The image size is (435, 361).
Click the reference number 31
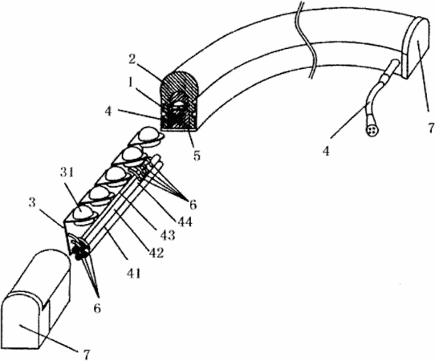coord(67,172)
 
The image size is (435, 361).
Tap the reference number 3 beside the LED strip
coord(32,203)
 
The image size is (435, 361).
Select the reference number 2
coord(132,59)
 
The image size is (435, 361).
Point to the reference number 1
coord(130,83)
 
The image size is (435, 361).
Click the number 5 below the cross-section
coord(197,156)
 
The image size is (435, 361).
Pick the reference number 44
coord(185,221)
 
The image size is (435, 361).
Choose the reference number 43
coord(169,235)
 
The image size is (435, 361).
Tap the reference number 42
coord(157,253)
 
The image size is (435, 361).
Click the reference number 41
coord(134,273)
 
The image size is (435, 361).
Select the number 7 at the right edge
coord(430,128)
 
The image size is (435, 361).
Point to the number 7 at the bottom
coord(87,355)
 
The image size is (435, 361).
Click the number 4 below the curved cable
coord(326,151)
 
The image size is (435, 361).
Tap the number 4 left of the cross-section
coord(108,112)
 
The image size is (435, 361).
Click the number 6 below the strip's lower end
coord(97,308)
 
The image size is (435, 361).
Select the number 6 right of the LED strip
coord(193,205)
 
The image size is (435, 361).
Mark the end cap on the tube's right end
coord(417,47)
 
